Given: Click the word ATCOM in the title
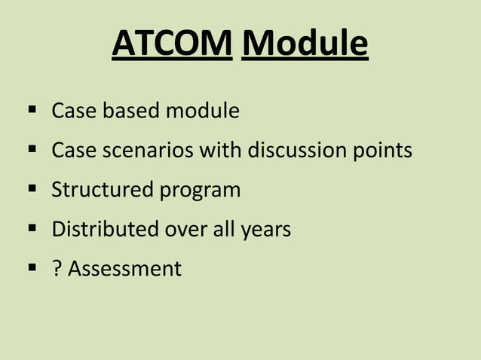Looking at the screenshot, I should point(172,44).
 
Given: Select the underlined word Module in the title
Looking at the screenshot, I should point(305,44).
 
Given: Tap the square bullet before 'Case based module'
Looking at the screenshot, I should point(32,111).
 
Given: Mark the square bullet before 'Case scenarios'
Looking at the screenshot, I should point(32,150).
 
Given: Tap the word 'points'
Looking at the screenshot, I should point(383,151).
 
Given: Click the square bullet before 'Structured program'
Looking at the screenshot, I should point(32,189).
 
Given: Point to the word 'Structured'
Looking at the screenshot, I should point(102,190).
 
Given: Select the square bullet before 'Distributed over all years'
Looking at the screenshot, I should point(32,228).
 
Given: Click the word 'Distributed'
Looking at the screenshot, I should point(105,229).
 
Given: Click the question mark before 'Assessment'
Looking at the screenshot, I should point(57,268).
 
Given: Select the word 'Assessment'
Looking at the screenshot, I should point(125,268).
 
